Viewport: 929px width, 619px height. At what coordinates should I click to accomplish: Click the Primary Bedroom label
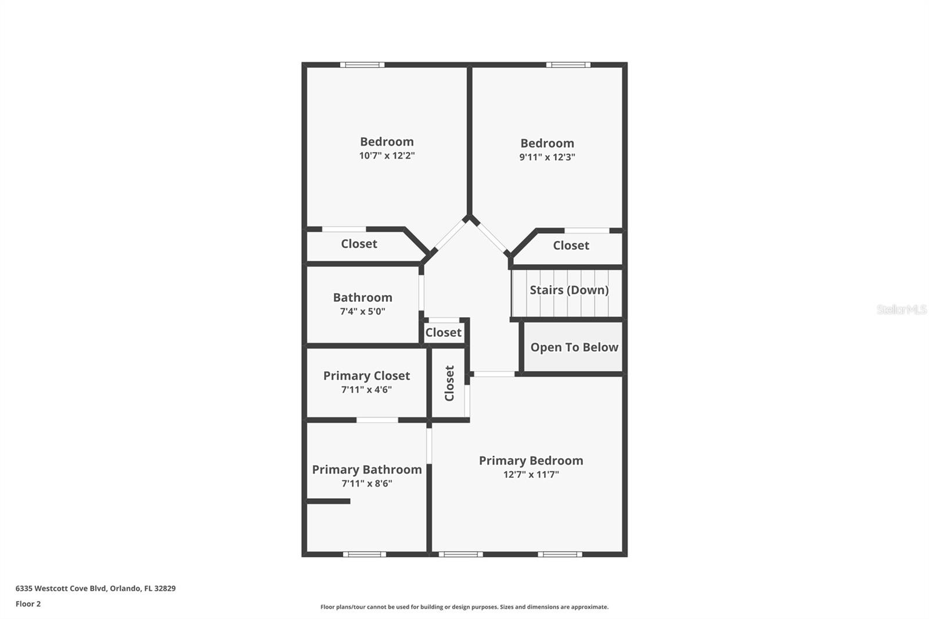[x=531, y=460]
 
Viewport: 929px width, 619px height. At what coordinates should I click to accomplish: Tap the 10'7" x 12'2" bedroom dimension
[x=387, y=156]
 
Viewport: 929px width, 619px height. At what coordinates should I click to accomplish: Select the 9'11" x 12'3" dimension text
[x=547, y=157]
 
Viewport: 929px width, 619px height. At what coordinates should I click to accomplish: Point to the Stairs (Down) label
[x=569, y=290]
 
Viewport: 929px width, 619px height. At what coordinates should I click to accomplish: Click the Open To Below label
[x=574, y=347]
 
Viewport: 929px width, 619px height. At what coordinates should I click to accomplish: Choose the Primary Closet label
[x=366, y=376]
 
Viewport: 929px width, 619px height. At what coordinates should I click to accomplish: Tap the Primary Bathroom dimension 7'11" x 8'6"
[x=366, y=483]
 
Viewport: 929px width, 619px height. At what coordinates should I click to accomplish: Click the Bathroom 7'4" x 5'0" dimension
[x=362, y=311]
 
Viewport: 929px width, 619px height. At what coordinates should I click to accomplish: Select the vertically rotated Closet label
[x=449, y=383]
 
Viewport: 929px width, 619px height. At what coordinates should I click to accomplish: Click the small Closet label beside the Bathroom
[x=443, y=333]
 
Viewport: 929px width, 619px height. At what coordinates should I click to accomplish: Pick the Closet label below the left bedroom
[x=359, y=244]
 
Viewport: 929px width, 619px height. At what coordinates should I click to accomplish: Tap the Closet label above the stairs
[x=571, y=246]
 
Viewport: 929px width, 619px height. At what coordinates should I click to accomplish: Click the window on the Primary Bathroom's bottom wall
[x=365, y=555]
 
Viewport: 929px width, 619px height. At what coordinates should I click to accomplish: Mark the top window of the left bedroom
[x=362, y=64]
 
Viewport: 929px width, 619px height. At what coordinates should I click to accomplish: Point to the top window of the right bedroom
[x=568, y=64]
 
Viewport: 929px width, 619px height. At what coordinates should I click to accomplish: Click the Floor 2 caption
[x=28, y=604]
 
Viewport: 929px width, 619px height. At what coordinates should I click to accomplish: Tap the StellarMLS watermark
[x=901, y=309]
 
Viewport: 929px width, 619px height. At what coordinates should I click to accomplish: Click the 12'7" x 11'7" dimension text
[x=531, y=474]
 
